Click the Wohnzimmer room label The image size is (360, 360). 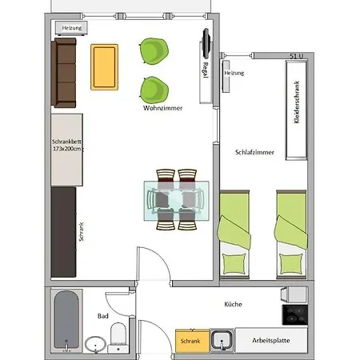(162, 106)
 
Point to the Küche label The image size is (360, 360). (234, 304)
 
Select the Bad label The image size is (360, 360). (102, 316)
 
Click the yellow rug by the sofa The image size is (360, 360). (105, 66)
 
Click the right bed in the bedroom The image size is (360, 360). (289, 235)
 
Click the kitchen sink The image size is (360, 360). (222, 341)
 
